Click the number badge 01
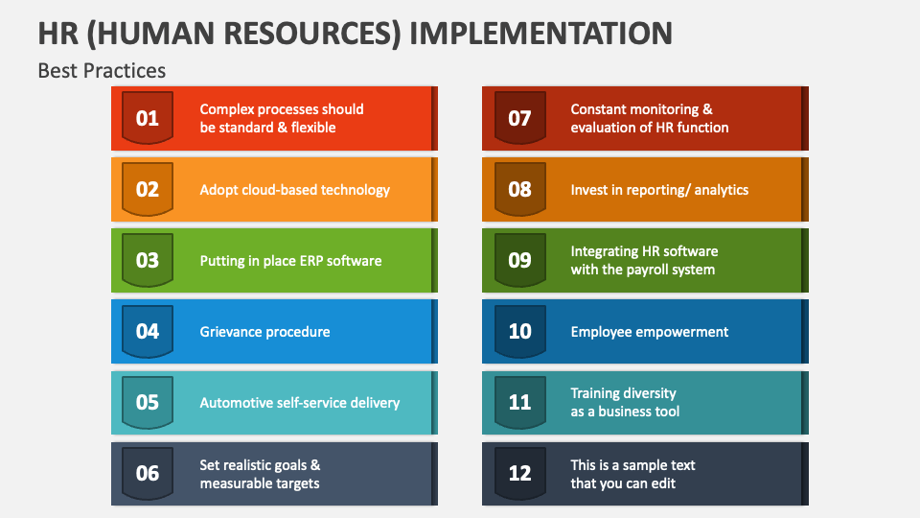point(148,118)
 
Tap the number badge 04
point(148,331)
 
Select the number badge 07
point(519,118)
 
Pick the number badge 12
point(519,473)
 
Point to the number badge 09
point(519,260)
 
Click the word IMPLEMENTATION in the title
point(540,33)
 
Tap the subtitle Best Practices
point(102,70)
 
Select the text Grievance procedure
point(264,332)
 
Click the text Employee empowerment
point(649,332)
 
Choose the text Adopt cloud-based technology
point(294,190)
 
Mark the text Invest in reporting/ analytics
point(659,190)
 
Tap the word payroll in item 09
point(649,270)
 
